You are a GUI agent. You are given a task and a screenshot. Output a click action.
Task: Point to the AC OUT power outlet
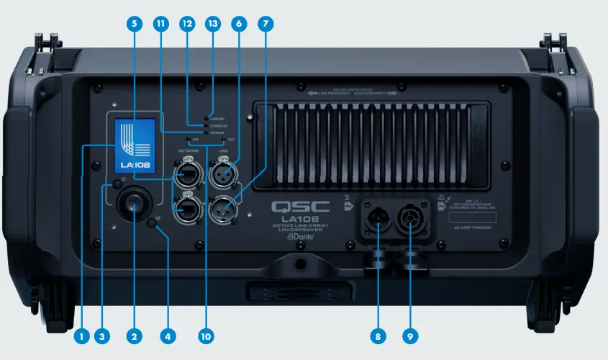click(x=414, y=218)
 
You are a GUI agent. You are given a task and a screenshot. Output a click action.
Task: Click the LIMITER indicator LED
click(x=207, y=117)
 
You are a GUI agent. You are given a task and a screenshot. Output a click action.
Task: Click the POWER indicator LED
click(x=207, y=132)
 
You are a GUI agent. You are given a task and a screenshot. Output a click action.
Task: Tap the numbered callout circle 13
click(x=213, y=24)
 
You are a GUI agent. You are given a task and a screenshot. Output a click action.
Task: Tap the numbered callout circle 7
click(x=266, y=24)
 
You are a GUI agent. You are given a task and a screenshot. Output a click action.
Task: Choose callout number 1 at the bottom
click(x=82, y=336)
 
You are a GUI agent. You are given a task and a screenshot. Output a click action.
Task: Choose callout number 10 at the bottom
click(x=205, y=336)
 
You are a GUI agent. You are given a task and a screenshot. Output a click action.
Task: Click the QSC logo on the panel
click(x=300, y=207)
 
